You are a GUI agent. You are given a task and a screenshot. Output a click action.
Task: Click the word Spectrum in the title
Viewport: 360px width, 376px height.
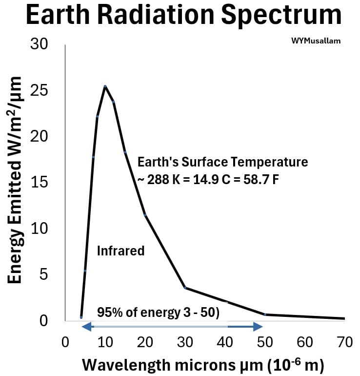pos(281,16)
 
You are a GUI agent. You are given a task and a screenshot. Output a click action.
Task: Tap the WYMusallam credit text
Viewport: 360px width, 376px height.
pos(316,41)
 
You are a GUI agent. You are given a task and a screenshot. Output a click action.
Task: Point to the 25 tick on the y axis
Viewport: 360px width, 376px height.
pos(39,91)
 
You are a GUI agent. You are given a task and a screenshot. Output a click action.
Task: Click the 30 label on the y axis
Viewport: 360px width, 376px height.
pos(39,44)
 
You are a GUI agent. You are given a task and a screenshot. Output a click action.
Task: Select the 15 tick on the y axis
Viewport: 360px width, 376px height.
pos(39,182)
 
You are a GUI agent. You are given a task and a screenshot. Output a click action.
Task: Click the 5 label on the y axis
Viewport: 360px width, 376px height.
pos(43,274)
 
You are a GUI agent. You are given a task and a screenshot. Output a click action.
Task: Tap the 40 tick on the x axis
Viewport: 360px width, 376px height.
pos(225,342)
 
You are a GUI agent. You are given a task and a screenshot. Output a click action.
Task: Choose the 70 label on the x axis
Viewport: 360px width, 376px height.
pos(345,342)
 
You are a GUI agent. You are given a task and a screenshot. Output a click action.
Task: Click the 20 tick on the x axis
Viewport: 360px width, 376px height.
pos(145,342)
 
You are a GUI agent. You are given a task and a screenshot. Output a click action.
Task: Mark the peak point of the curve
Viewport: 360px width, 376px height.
pos(105,86)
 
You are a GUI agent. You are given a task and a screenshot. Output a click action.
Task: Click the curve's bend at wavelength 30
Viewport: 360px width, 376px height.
pos(185,288)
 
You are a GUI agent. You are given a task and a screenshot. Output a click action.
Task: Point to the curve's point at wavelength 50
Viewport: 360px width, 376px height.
pos(265,314)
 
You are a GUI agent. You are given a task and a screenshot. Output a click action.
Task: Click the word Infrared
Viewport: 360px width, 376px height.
pos(120,251)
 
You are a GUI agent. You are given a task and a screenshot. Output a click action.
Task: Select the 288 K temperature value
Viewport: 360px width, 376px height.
pos(163,179)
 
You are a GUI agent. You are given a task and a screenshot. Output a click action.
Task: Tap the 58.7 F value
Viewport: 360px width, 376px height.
pos(261,179)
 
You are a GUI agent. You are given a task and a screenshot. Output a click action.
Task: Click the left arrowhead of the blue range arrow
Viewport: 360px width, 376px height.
pos(86,327)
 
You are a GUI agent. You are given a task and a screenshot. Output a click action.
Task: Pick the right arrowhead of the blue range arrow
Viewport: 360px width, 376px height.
pos(258,327)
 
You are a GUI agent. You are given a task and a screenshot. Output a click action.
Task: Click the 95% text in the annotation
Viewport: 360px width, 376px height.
pos(110,312)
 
